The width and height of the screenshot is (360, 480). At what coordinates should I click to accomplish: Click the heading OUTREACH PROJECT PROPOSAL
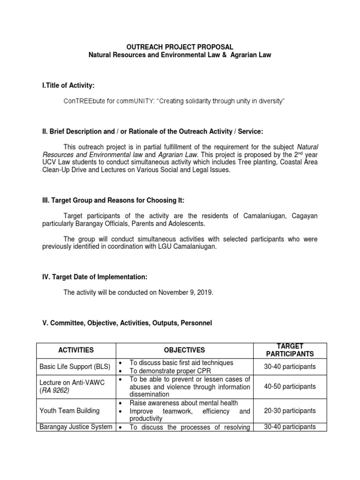click(x=180, y=47)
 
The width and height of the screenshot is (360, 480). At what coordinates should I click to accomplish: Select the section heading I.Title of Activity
click(x=68, y=85)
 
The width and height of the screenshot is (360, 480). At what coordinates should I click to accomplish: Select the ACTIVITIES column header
click(x=76, y=350)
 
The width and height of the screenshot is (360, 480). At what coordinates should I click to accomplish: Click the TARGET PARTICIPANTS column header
click(x=289, y=350)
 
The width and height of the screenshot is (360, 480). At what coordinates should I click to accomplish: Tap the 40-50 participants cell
click(x=290, y=387)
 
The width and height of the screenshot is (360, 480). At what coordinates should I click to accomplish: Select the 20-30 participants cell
click(x=290, y=411)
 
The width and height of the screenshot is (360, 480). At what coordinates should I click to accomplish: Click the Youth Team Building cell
click(x=70, y=411)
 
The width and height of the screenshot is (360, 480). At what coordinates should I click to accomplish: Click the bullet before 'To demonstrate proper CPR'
click(x=121, y=371)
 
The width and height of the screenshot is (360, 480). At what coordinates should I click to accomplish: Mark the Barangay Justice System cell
click(x=76, y=427)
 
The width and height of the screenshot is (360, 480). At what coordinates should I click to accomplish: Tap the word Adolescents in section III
click(x=174, y=224)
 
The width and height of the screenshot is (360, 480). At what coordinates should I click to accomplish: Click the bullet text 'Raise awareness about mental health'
click(x=184, y=403)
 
